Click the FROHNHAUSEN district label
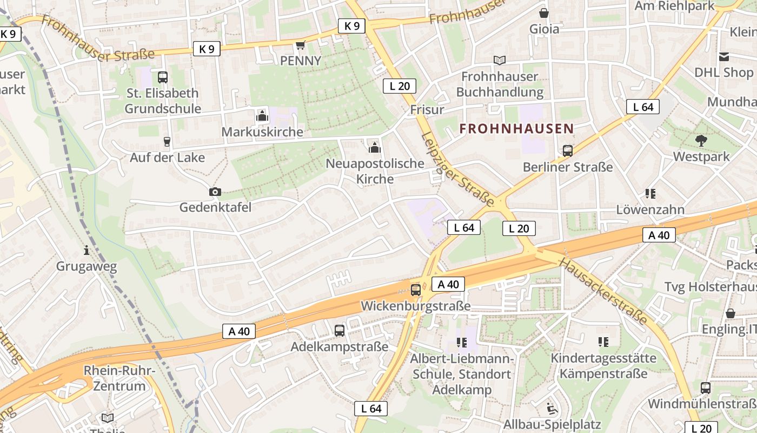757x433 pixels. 516,129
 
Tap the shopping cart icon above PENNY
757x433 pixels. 300,45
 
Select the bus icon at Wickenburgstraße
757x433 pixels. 415,290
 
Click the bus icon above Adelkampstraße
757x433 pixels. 339,331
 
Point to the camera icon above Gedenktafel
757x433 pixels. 215,192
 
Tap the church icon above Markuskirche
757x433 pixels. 262,116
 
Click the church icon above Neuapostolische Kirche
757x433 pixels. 374,147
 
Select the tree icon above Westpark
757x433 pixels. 701,141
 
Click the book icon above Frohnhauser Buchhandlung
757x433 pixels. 499,61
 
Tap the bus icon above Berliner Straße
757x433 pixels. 567,151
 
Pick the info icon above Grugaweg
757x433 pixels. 87,250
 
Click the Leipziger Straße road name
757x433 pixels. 457,169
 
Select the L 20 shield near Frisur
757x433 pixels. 400,86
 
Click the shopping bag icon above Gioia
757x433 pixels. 543,12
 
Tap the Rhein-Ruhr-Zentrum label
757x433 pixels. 119,378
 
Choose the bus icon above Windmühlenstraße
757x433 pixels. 706,388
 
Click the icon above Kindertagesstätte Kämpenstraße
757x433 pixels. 603,342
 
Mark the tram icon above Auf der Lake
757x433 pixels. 167,142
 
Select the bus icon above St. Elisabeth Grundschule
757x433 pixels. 162,77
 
